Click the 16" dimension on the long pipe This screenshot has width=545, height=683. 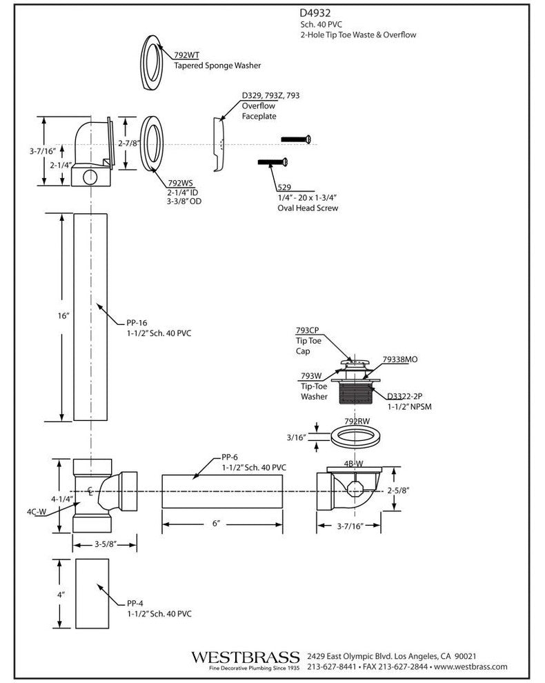coord(64,315)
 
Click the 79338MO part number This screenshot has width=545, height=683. coord(404,359)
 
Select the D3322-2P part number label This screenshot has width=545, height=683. coord(405,397)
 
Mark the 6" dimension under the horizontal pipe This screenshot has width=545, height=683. coord(215,524)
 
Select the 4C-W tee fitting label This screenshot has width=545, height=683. coord(37,512)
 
